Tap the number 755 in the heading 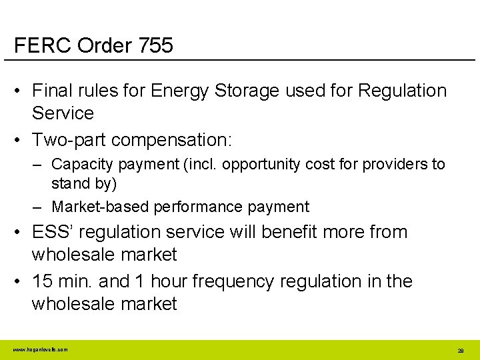coord(156,45)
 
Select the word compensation coord(171,140)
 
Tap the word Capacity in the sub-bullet coord(80,164)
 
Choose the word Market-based coord(101,207)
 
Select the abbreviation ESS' coord(52,232)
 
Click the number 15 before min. coord(42,281)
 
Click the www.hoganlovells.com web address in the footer coord(39,349)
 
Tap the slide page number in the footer coord(460,350)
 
